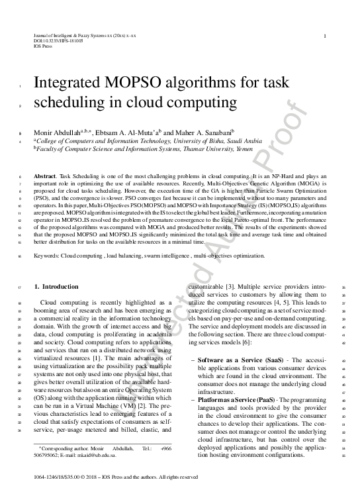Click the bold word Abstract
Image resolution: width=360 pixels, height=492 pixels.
[46, 177]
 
